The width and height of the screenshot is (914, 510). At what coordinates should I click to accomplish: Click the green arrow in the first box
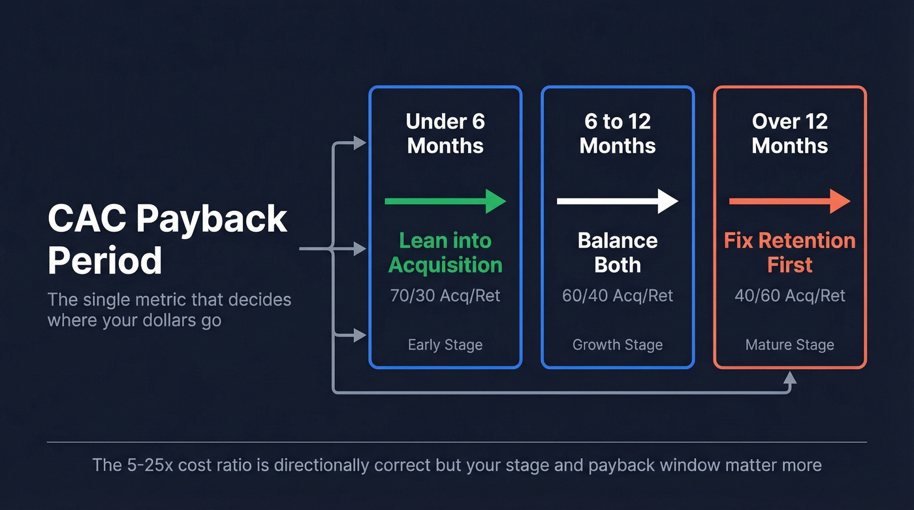[x=445, y=201]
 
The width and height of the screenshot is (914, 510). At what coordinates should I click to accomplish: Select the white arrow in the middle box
[x=618, y=201]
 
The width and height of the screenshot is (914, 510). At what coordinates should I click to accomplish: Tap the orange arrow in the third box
[x=789, y=201]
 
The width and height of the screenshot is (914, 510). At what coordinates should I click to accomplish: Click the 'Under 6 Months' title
[x=445, y=133]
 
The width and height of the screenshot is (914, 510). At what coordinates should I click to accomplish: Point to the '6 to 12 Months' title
[x=618, y=133]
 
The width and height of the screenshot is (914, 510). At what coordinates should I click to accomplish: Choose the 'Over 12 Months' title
[x=789, y=133]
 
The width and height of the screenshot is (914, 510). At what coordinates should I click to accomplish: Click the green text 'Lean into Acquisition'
[x=445, y=253]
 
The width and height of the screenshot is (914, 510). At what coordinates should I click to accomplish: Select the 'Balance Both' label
[x=618, y=253]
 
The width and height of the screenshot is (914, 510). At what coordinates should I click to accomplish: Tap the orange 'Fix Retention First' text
[x=789, y=253]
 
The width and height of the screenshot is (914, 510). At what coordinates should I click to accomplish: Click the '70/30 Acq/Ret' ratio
[x=445, y=296]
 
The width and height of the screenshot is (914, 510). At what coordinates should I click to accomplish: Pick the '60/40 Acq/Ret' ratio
[x=618, y=296]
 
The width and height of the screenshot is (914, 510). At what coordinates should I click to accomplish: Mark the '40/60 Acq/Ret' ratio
[x=789, y=296]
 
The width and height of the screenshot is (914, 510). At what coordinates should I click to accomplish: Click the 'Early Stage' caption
[x=445, y=345]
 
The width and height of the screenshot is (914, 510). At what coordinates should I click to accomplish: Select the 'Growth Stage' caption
[x=618, y=345]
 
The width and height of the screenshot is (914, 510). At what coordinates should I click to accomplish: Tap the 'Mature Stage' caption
[x=789, y=345]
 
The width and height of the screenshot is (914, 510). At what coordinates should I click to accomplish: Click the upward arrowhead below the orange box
[x=790, y=377]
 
